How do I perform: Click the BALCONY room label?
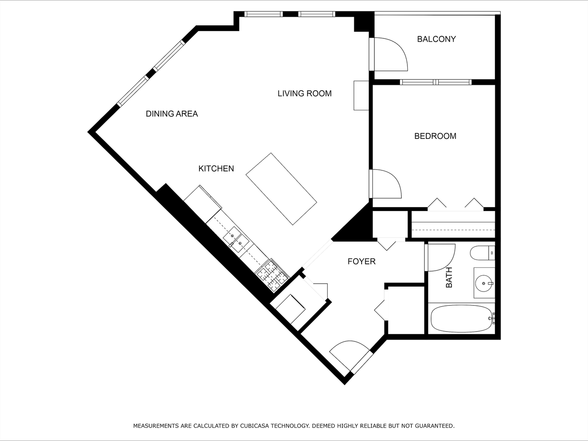click(x=436, y=39)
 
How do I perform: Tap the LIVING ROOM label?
click(x=304, y=94)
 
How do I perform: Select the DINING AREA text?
click(x=172, y=114)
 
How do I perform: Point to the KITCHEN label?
click(x=216, y=169)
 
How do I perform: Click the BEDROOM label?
click(x=435, y=136)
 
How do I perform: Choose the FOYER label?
click(x=361, y=261)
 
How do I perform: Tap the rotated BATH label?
click(x=449, y=277)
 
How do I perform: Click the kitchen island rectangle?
click(x=282, y=189)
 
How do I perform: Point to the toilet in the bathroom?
click(x=482, y=253)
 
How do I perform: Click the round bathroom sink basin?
click(x=484, y=283)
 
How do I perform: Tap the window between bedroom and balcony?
click(x=436, y=82)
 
